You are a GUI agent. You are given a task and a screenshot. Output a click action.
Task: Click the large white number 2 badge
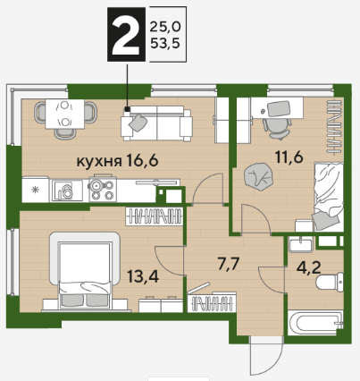pyautogui.click(x=126, y=35)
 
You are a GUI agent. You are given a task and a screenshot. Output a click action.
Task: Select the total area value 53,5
pyautogui.click(x=165, y=44)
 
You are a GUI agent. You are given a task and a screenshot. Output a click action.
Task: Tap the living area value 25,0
pyautogui.click(x=165, y=28)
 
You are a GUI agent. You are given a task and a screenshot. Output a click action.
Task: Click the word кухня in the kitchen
pyautogui.click(x=99, y=162)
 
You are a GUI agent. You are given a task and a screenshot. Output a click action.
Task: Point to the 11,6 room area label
pyautogui.click(x=289, y=157)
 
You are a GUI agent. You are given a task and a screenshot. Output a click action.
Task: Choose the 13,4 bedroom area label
pyautogui.click(x=143, y=276)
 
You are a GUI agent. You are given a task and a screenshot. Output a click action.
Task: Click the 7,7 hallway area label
pyautogui.click(x=229, y=264)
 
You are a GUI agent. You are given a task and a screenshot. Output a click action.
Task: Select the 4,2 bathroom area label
pyautogui.click(x=309, y=268)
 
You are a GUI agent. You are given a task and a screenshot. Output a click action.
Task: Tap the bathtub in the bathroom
pyautogui.click(x=315, y=323)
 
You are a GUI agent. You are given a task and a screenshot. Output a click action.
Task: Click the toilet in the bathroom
pyautogui.click(x=329, y=282)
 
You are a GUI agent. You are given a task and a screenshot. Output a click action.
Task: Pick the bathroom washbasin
pyautogui.click(x=300, y=243)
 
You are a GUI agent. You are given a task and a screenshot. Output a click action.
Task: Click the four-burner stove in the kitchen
pyautogui.click(x=103, y=189)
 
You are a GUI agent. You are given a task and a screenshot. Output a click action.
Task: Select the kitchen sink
pyautogui.click(x=66, y=190)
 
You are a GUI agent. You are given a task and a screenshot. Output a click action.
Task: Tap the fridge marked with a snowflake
pyautogui.click(x=36, y=189)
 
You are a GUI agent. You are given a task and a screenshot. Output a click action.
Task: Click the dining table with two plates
pyautogui.click(x=64, y=114)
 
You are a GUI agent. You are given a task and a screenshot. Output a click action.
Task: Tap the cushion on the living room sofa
pyautogui.click(x=138, y=123)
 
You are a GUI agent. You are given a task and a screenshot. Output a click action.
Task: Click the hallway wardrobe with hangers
pyautogui.click(x=212, y=302)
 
